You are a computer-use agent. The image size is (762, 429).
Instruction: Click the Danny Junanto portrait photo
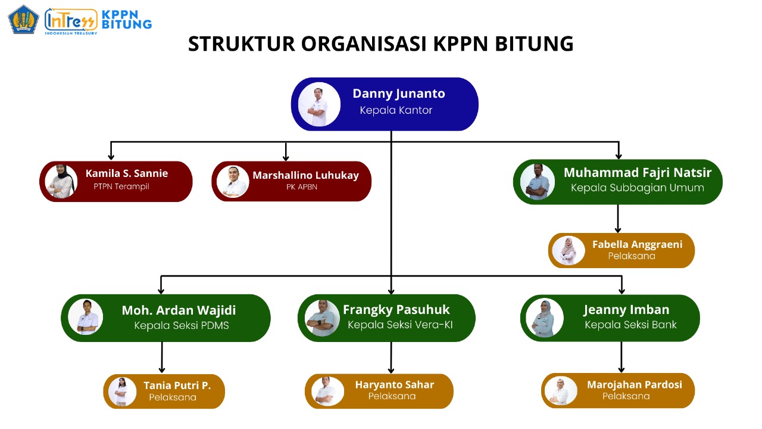pos(319,104)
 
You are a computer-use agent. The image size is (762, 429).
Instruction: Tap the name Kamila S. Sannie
pos(127,173)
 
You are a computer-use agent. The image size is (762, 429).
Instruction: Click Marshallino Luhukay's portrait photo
pos(232,181)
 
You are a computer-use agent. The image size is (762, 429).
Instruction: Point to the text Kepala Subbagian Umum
pos(638,188)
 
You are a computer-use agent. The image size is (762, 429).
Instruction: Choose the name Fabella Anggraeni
pos(637,244)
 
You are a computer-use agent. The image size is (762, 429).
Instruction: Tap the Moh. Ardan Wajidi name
pos(179,310)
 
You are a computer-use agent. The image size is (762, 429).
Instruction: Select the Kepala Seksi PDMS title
pos(182,325)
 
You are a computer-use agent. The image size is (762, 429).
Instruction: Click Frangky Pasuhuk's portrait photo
pos(323,318)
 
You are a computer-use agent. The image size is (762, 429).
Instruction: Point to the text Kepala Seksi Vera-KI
pos(400,325)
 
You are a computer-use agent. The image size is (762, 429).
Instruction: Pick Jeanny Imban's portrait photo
pos(544,318)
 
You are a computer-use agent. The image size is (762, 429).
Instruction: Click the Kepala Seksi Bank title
pos(630,325)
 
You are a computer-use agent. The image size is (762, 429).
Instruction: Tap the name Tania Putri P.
pos(177,386)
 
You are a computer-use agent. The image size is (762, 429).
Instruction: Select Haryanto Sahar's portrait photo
pos(327,391)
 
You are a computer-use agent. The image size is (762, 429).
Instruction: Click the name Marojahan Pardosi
pos(635,384)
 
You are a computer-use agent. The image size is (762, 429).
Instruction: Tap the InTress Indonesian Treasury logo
pos(70,20)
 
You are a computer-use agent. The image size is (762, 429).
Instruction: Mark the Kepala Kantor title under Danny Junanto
pos(396,110)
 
